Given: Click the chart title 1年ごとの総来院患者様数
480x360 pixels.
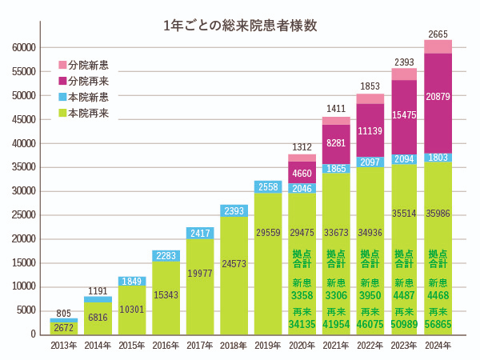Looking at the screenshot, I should coord(240,25).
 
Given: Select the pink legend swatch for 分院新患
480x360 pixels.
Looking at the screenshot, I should coord(62,65).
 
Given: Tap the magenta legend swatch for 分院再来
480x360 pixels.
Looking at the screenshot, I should coord(62,81).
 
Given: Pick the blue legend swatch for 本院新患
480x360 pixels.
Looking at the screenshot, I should coord(62,98).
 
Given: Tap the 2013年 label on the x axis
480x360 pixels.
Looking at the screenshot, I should coord(64,345).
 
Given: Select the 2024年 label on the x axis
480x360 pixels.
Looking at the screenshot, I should coord(438,345).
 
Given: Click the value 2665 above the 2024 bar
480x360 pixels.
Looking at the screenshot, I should coord(438,34).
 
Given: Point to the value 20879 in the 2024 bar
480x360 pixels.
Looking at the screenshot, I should coord(438,97).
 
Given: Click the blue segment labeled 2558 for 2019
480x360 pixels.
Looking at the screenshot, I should coord(268,187).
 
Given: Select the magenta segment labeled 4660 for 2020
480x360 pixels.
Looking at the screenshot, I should coord(302,173).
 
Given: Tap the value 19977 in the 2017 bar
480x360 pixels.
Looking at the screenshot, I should coord(200,273).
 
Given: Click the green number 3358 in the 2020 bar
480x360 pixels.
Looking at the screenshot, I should coord(302,294).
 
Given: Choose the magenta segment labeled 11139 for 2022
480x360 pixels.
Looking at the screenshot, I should coord(370,130).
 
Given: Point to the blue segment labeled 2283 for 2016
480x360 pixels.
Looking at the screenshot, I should coord(166,256).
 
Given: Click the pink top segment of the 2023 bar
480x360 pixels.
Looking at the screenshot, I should coord(404,74).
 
